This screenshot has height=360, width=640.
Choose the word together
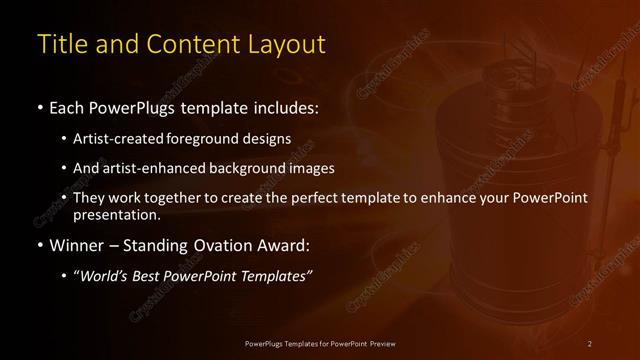coord(175,198)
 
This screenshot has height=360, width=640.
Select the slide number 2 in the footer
coord(590,343)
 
